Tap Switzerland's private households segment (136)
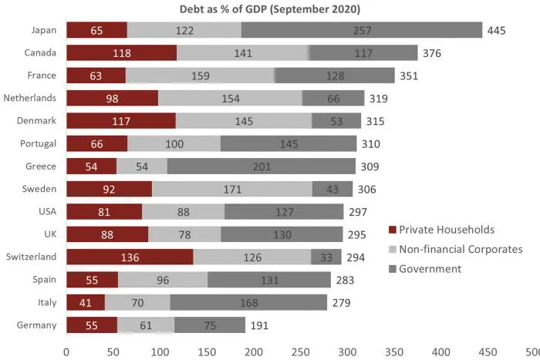tap(130, 257)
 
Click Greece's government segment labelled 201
tap(261, 167)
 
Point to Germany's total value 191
tap(258, 325)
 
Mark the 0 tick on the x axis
tap(67, 351)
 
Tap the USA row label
tap(45, 211)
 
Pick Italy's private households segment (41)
tap(86, 303)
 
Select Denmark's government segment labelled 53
tap(336, 121)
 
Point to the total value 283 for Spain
tap(345, 280)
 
